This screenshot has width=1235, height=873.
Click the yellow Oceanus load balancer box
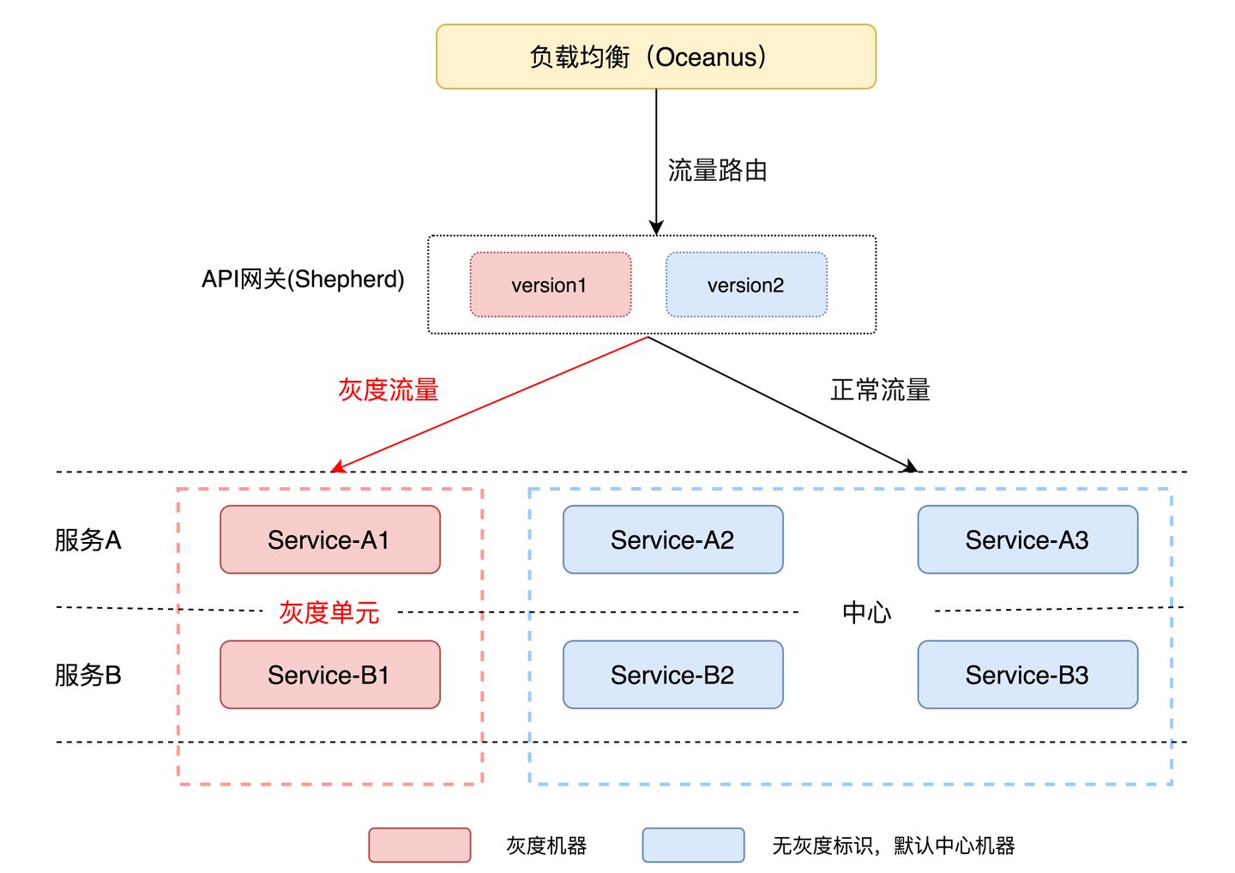656,57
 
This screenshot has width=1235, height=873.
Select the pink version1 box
550,285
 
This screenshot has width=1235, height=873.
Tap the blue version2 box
746,285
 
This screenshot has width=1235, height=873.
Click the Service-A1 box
330,539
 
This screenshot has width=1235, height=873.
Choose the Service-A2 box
672,539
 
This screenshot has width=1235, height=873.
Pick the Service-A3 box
1027,539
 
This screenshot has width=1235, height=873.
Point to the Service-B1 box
330,675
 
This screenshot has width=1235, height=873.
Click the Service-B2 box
672,675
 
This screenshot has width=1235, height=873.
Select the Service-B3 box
1027,675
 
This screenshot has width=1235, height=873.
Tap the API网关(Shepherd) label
303,280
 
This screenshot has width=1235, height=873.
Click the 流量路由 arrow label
717,171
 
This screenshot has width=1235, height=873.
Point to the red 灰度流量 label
389,390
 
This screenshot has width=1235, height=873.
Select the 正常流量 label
880,390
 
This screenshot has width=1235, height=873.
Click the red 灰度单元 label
329,612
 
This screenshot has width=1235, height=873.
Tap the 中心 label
866,612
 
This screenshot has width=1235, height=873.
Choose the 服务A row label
88,540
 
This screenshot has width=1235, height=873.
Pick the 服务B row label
88,676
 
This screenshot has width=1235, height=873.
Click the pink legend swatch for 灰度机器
419,845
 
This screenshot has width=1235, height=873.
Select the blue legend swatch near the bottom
693,845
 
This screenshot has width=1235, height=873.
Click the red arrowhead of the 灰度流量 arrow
336,467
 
